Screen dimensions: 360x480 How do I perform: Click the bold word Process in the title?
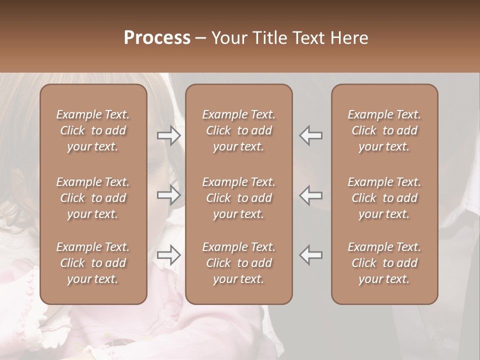coord(157,38)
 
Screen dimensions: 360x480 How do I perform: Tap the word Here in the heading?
coord(349,38)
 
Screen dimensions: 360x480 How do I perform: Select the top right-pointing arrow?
coord(168,135)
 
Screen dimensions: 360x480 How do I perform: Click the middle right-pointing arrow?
coord(168,195)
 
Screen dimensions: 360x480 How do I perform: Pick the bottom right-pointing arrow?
coord(168,255)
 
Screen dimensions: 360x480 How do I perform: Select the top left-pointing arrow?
coord(310,135)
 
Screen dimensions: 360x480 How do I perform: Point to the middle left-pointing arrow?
coord(310,195)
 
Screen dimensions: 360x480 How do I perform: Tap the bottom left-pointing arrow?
coord(310,255)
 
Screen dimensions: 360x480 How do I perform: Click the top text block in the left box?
coord(93,130)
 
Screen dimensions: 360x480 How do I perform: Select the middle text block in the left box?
coord(93,198)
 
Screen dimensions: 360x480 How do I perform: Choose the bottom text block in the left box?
coord(93,263)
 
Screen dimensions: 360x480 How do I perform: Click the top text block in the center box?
coord(238,130)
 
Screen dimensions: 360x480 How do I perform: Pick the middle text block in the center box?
coord(238,198)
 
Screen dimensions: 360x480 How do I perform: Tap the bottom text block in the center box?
coord(238,263)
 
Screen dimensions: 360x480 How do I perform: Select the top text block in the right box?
coord(384,130)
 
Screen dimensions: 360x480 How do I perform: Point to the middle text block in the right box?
coord(384,198)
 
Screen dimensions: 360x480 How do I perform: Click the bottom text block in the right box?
coord(384,263)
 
